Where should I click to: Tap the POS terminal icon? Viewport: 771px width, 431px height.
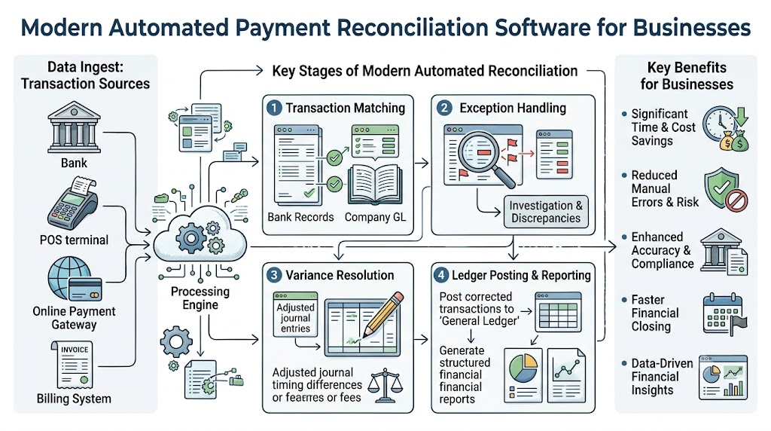(x=73, y=203)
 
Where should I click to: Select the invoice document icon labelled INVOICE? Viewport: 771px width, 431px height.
(x=72, y=365)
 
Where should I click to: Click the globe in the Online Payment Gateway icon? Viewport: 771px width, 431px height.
(x=69, y=277)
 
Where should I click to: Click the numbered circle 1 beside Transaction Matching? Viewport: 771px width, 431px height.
(x=274, y=108)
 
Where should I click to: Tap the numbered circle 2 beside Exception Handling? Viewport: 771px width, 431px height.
(x=444, y=108)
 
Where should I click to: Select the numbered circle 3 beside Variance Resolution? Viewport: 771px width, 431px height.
(x=274, y=275)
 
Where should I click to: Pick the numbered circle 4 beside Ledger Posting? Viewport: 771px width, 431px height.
(x=441, y=275)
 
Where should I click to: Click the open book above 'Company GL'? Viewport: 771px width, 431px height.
(x=375, y=185)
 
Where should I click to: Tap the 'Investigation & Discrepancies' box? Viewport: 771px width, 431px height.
(x=546, y=212)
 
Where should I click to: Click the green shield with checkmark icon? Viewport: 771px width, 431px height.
(x=721, y=188)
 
